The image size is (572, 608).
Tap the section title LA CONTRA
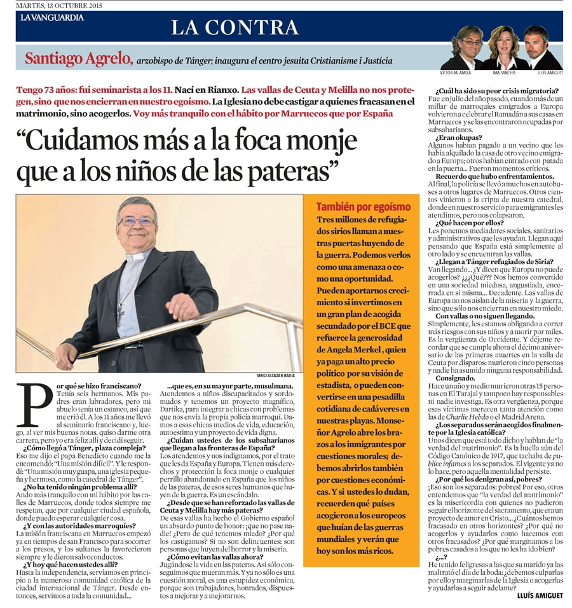pos(235,27)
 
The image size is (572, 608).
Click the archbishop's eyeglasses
pos(137,221)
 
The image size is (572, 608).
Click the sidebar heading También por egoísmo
pos(364,207)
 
